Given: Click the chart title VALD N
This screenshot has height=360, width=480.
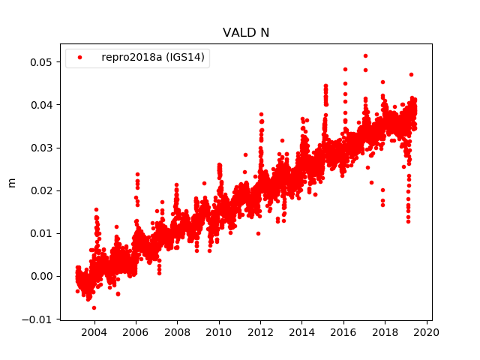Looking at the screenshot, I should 245,33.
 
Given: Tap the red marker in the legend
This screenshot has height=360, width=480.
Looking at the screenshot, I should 79,58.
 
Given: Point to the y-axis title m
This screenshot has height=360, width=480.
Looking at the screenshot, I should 11,181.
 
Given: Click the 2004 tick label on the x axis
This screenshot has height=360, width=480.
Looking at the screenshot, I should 94,332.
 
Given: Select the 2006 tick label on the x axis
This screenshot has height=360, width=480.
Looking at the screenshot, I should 135,332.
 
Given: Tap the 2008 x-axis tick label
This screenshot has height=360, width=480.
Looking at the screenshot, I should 177,332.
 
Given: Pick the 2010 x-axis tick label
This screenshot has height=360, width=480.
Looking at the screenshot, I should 218,332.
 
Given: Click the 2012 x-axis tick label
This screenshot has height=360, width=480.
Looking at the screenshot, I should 260,332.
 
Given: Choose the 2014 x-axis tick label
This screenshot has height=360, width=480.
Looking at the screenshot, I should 301,332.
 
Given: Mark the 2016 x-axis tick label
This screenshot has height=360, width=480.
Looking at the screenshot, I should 343,332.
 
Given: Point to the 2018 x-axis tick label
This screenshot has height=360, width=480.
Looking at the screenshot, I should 385,332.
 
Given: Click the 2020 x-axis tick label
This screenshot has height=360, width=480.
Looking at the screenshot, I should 427,332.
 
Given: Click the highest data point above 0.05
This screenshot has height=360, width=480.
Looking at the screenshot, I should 365,55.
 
